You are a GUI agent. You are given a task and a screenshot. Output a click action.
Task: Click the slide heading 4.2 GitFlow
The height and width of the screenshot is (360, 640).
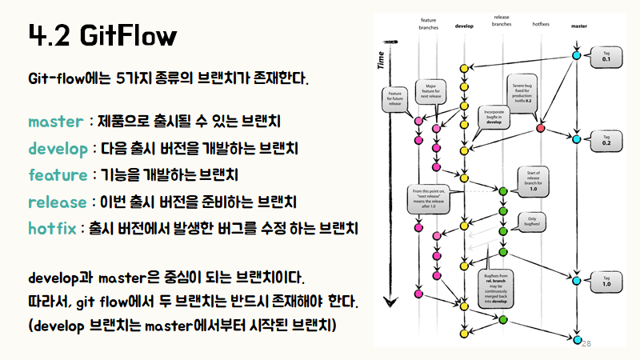pyautogui.click(x=102, y=35)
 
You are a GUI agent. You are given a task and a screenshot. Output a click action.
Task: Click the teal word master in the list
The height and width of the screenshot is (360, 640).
pyautogui.click(x=55, y=122)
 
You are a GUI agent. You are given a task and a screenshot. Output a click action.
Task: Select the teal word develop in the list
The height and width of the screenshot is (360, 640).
pyautogui.click(x=59, y=148)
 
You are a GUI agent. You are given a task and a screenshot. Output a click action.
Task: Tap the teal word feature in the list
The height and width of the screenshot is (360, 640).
pyautogui.click(x=57, y=174)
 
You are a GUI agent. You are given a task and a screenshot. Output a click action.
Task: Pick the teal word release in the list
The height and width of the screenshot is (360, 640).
pyautogui.click(x=57, y=201)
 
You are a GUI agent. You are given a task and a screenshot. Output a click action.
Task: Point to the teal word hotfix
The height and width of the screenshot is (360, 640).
pyautogui.click(x=52, y=228)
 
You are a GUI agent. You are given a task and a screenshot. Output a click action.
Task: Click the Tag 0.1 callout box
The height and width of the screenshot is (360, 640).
pyautogui.click(x=606, y=57)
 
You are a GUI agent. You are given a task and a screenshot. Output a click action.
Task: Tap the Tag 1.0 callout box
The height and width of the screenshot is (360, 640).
pyautogui.click(x=606, y=280)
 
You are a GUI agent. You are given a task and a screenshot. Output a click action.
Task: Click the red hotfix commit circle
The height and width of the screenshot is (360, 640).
pyautogui.click(x=542, y=128)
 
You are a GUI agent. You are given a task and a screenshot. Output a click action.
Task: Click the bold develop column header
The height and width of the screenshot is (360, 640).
pyautogui.click(x=464, y=26)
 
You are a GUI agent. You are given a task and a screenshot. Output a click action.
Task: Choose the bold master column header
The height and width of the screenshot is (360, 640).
pyautogui.click(x=578, y=26)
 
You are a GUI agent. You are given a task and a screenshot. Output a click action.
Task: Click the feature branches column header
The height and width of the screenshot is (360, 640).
pyautogui.click(x=428, y=22)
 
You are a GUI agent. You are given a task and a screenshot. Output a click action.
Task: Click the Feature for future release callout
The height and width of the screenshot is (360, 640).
pyautogui.click(x=394, y=99)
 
